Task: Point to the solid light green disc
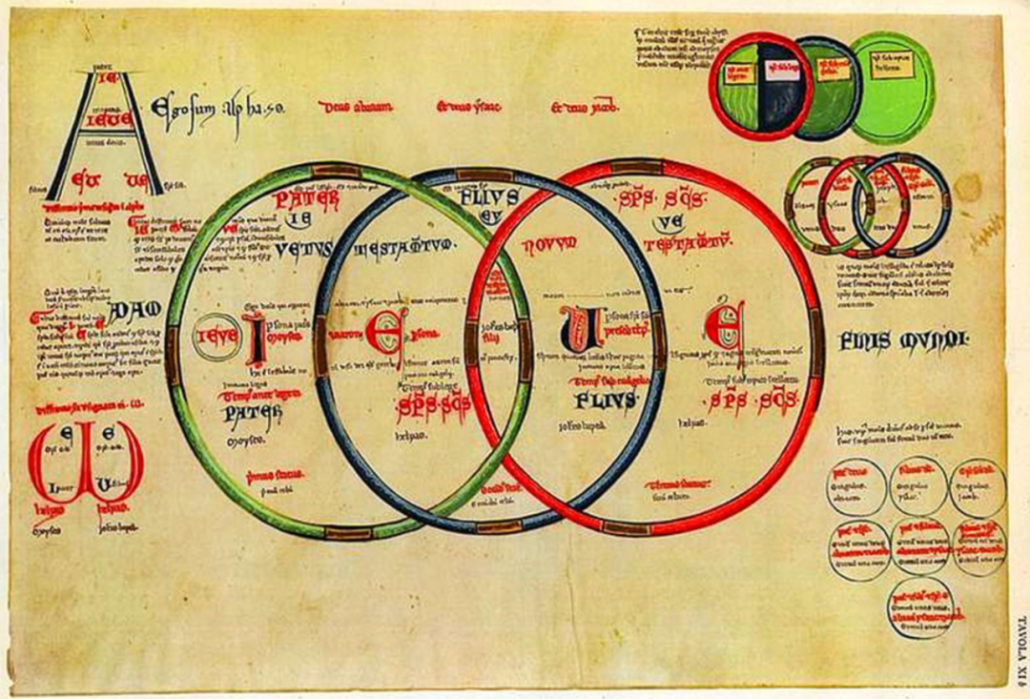[x=892, y=87]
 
